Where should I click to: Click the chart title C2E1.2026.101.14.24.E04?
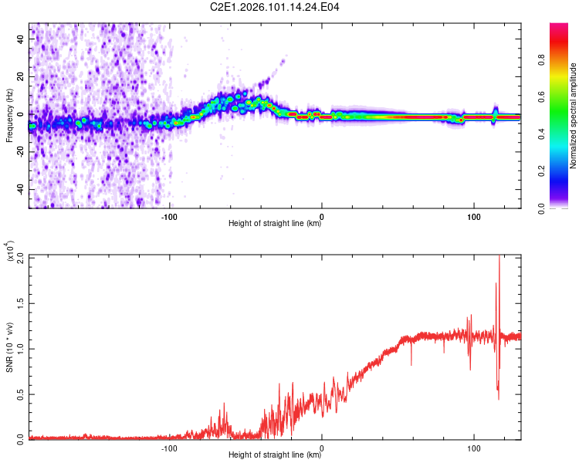coord(276,8)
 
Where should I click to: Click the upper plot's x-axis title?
coord(275,224)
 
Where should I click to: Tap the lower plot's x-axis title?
coord(275,455)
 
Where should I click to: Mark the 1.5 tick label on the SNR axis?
coord(20,303)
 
